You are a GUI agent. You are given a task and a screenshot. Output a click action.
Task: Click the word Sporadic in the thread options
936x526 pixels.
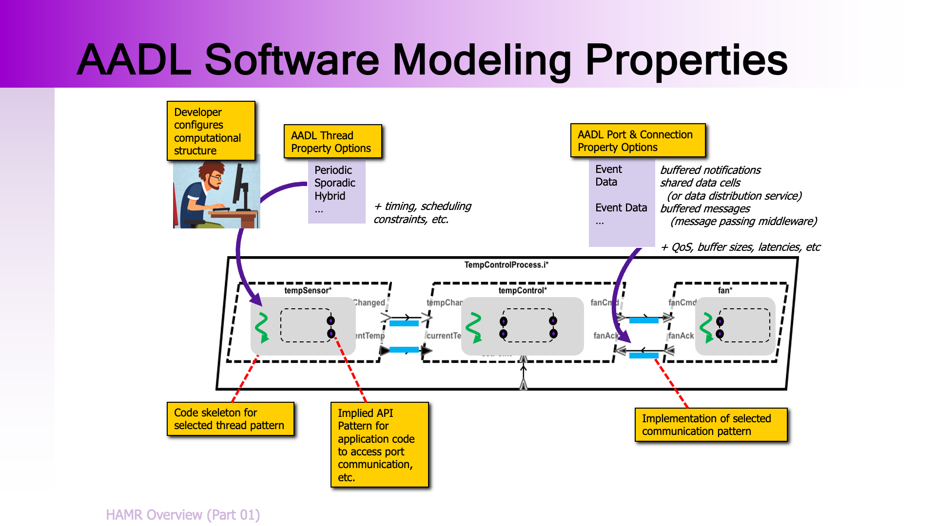click(334, 183)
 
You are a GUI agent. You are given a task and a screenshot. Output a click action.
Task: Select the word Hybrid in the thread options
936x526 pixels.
click(330, 196)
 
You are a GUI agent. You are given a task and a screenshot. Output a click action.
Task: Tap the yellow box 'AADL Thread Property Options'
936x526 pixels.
click(332, 142)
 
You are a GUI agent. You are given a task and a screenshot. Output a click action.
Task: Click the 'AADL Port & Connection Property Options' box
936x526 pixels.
click(638, 141)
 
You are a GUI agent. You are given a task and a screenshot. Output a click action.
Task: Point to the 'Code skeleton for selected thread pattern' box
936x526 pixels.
click(230, 419)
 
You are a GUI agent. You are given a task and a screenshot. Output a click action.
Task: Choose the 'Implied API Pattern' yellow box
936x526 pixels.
click(379, 445)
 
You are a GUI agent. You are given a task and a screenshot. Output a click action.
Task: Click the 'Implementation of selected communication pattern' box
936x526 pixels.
click(711, 425)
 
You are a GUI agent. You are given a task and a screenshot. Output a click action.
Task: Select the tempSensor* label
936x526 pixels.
click(308, 290)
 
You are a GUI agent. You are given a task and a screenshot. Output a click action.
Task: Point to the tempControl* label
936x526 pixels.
click(522, 290)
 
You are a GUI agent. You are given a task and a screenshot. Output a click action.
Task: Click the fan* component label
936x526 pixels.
click(725, 290)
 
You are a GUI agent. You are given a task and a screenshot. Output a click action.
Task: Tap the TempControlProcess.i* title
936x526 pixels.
click(506, 265)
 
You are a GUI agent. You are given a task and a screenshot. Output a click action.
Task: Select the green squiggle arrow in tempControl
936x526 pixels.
click(474, 327)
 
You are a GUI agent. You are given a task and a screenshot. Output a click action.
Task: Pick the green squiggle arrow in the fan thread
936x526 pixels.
click(706, 327)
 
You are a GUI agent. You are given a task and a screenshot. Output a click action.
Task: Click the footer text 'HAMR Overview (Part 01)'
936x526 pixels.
click(183, 515)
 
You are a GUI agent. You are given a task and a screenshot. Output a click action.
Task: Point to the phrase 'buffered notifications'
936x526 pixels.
click(710, 170)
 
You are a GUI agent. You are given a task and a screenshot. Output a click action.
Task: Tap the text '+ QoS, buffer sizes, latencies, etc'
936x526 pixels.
click(740, 247)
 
